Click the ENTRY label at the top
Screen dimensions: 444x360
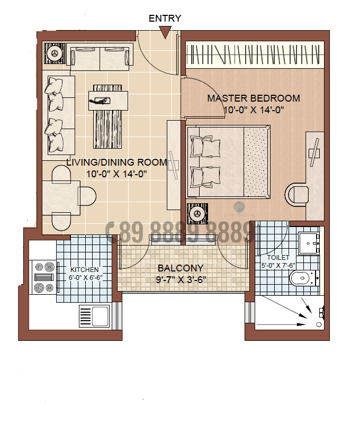[165, 19]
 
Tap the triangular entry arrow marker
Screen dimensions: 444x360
[165, 33]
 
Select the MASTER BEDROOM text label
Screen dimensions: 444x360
[253, 98]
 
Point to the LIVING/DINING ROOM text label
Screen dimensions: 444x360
[116, 162]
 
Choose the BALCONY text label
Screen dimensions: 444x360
[181, 268]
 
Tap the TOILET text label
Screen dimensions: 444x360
[278, 258]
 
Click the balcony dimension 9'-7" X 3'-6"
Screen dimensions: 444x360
[181, 279]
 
